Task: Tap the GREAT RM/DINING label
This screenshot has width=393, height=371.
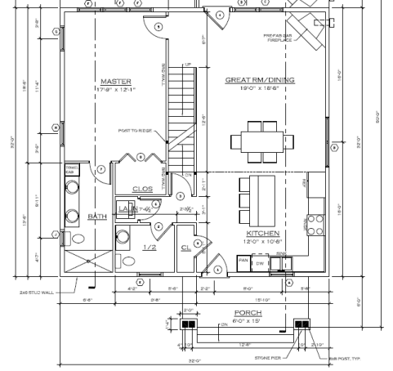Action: click(x=260, y=80)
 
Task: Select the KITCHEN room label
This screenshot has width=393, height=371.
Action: click(x=254, y=232)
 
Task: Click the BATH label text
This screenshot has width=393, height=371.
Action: click(x=97, y=217)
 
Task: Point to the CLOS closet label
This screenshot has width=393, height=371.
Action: click(x=142, y=189)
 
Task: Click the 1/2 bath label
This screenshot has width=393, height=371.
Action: click(x=150, y=248)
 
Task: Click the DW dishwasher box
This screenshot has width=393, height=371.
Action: click(x=259, y=263)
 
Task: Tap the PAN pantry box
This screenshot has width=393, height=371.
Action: click(x=243, y=261)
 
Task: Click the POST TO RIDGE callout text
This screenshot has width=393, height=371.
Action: click(x=135, y=130)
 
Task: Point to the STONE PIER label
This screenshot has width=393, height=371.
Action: click(x=268, y=355)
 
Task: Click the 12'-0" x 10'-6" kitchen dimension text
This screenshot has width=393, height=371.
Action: click(x=255, y=241)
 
